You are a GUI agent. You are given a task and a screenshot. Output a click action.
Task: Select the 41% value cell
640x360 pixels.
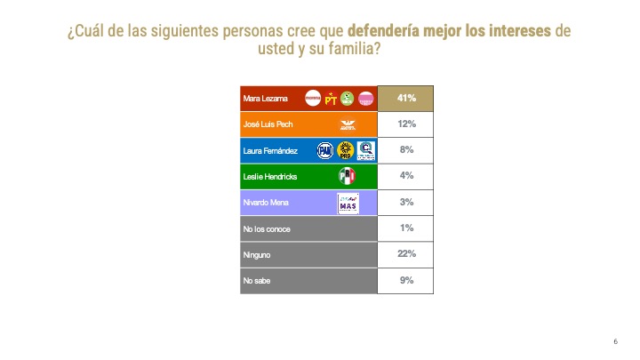405,99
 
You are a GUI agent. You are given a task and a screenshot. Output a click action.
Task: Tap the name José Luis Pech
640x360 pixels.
268,124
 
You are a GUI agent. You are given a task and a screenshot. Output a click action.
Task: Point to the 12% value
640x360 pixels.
405,124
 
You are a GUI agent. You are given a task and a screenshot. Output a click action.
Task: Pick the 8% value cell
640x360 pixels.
405,151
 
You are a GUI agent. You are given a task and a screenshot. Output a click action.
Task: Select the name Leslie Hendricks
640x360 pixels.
269,177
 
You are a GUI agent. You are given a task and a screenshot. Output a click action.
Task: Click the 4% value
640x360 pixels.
405,177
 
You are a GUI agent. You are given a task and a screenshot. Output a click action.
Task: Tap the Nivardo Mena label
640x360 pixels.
265,203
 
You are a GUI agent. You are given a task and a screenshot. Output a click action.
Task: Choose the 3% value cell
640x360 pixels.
405,203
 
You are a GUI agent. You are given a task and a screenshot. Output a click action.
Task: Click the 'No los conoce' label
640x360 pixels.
267,229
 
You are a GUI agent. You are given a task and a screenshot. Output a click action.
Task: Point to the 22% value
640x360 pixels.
405,255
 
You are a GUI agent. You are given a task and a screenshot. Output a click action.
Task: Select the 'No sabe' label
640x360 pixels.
258,281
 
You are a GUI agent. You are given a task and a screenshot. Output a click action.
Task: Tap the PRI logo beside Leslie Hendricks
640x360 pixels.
348,177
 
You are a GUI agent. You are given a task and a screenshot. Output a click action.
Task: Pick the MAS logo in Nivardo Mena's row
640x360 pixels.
348,204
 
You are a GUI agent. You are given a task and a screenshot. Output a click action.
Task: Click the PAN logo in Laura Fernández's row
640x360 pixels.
325,151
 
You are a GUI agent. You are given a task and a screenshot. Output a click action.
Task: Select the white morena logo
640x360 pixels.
313,99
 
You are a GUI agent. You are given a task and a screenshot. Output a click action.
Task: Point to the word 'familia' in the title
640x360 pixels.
351,50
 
